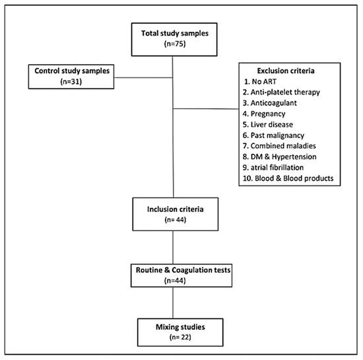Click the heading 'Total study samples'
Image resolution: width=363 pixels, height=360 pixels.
click(x=175, y=34)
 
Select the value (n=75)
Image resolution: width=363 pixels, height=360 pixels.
click(x=175, y=44)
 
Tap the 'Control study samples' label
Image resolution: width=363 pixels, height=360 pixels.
click(x=72, y=71)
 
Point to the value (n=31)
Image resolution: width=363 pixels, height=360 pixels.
click(x=71, y=81)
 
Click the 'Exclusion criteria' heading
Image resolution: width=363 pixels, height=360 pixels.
click(x=286, y=71)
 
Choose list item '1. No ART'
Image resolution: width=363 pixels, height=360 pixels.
click(x=260, y=81)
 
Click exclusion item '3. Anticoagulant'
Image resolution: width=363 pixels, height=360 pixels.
click(x=270, y=103)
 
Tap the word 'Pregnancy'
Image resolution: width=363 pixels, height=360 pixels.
click(x=268, y=114)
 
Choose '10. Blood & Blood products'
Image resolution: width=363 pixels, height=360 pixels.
click(x=288, y=178)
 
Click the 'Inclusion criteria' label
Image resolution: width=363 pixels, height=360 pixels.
click(x=176, y=209)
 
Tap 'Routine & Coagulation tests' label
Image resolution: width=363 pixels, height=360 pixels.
click(x=183, y=270)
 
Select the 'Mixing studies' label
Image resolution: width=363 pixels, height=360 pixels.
click(x=180, y=327)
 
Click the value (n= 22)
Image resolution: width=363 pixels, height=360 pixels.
click(x=180, y=337)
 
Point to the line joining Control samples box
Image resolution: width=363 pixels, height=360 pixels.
click(x=143, y=77)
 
